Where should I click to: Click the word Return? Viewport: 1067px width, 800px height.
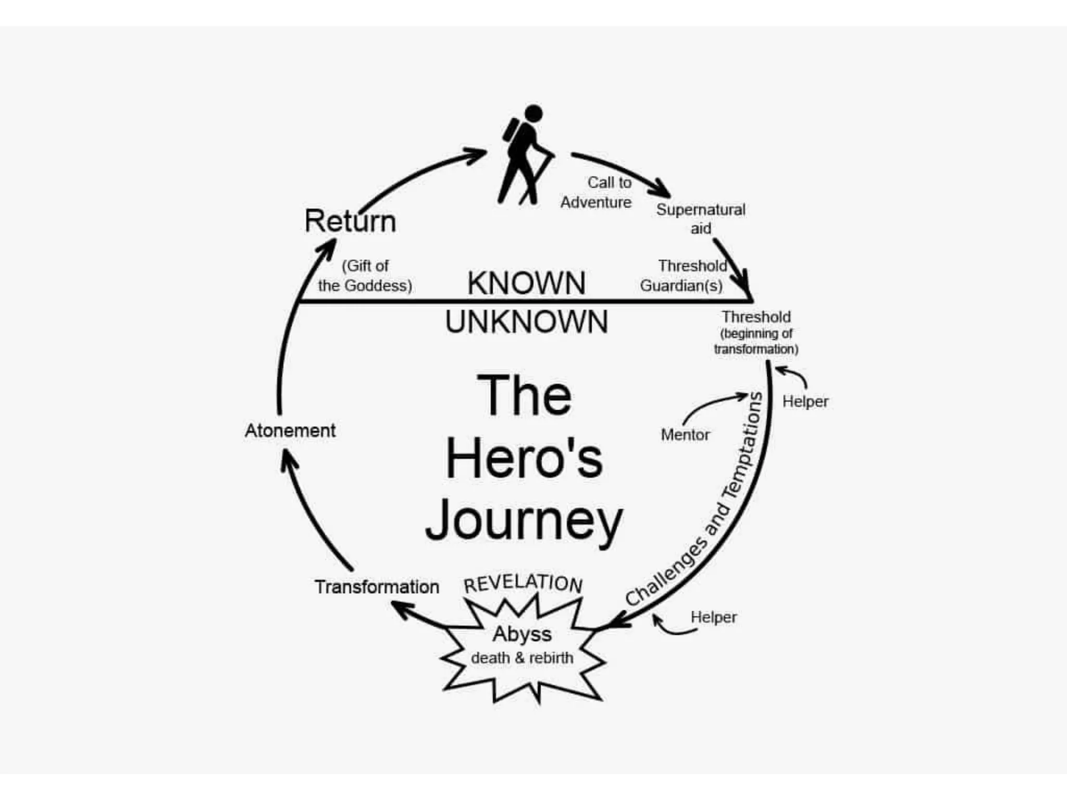coord(350,221)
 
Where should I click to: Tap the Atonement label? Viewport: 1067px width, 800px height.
coord(290,431)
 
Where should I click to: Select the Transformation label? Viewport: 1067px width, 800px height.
coord(377,587)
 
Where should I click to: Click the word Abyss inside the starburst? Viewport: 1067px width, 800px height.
coord(522,634)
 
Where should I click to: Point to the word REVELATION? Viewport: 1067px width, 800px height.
coord(523,583)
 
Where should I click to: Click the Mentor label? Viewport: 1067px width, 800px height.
coord(685,434)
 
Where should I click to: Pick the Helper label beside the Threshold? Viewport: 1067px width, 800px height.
coord(805,402)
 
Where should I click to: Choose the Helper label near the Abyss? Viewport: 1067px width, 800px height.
coord(713,617)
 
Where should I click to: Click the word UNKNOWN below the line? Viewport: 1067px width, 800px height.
coord(526,322)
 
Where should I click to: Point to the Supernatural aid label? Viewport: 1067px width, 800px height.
coord(700,219)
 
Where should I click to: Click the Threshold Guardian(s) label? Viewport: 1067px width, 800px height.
coord(683,276)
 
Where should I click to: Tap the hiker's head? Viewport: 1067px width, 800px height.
coord(533,114)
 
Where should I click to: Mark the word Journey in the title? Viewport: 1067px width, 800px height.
coord(524,521)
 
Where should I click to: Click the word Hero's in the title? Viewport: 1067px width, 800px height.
coord(524,458)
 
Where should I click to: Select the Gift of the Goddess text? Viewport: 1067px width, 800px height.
coord(365,276)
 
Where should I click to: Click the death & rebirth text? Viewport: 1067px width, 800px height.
coord(522,658)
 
